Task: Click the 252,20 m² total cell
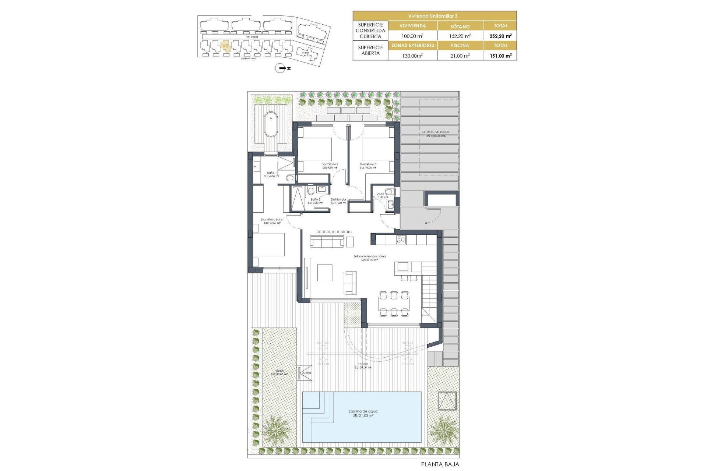(500, 36)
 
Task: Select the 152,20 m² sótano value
(460, 36)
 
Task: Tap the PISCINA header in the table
(460, 46)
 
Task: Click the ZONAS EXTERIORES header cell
(413, 46)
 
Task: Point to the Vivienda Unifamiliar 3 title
(435, 16)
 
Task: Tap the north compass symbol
(281, 68)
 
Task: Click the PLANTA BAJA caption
(440, 464)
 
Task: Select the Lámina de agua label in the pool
(363, 411)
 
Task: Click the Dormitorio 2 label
(330, 164)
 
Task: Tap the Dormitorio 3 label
(368, 164)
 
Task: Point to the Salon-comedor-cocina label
(369, 256)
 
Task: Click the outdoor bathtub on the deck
(271, 124)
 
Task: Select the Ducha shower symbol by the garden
(305, 373)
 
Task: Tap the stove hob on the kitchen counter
(401, 240)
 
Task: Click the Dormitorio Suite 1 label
(272, 220)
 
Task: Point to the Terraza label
(363, 364)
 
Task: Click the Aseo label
(380, 194)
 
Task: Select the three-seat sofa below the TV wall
(327, 241)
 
